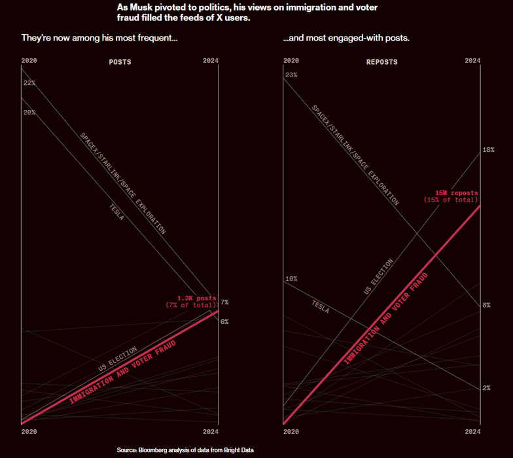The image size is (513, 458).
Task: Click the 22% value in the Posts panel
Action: click(29, 84)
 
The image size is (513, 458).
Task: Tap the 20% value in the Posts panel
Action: click(29, 113)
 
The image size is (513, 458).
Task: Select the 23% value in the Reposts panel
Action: click(291, 75)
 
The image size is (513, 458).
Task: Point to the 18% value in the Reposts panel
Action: click(488, 150)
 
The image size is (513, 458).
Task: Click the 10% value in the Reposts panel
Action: click(291, 279)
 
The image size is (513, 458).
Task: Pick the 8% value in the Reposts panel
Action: click(486, 306)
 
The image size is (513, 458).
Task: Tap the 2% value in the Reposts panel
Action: click(486, 388)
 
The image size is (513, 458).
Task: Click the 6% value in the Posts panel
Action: click(224, 322)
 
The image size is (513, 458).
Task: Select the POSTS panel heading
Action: click(120, 62)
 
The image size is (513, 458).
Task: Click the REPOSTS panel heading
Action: click(381, 62)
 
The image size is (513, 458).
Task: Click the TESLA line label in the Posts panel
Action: click(116, 211)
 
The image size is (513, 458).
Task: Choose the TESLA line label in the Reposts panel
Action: click(321, 306)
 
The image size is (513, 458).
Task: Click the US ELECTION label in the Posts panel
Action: click(118, 359)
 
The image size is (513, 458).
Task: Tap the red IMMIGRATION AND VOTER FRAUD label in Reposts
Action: click(386, 319)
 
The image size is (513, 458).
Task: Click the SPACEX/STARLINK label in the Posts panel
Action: click(122, 183)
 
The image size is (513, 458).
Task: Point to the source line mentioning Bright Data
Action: click(185, 450)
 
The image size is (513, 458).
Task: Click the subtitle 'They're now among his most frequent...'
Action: click(99, 38)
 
